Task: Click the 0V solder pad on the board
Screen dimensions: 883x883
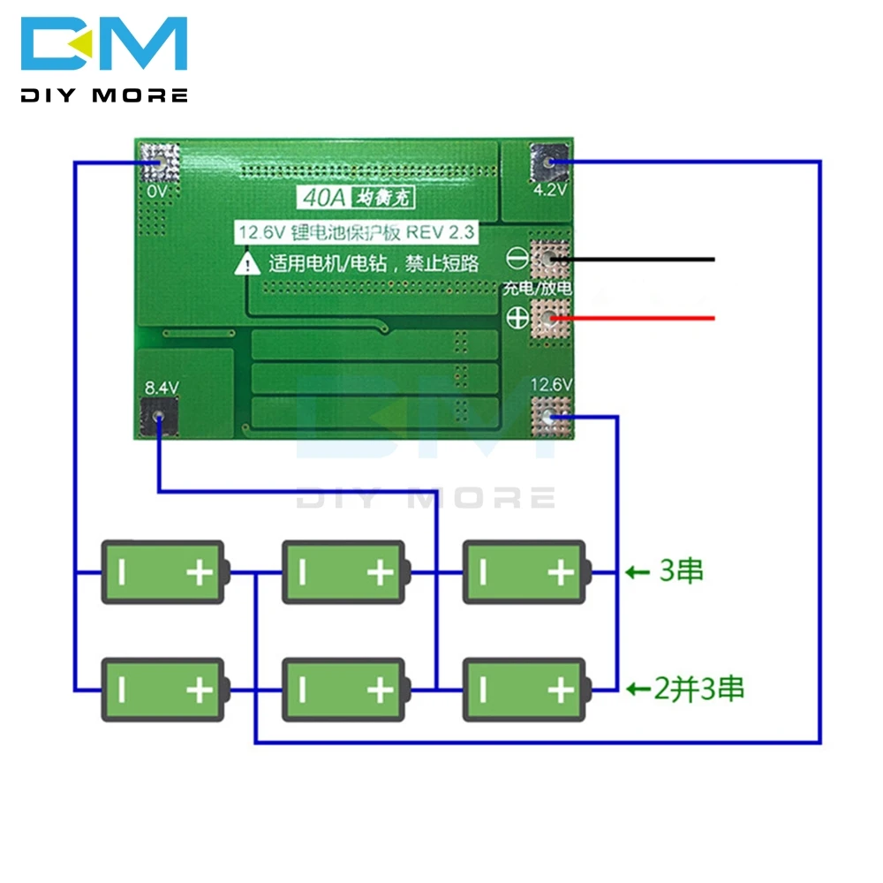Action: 159,162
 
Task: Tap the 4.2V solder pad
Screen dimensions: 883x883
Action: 549,162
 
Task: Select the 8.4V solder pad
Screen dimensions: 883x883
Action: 159,418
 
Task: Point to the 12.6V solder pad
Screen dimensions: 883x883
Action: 551,418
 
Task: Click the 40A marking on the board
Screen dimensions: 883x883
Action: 324,198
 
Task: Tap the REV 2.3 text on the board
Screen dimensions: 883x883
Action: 441,232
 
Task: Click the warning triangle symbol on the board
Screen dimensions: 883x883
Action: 247,263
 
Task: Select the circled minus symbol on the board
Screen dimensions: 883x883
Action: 517,259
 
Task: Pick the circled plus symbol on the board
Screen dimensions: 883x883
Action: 517,318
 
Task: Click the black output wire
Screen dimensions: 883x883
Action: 633,260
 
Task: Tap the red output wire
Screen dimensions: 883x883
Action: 633,318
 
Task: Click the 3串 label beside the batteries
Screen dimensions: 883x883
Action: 682,570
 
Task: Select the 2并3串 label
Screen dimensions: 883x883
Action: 698,689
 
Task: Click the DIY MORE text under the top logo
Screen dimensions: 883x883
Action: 104,95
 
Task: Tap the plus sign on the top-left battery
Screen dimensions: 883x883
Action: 200,573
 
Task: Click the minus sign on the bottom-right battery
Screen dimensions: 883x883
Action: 483,690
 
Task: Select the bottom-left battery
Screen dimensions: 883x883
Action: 165,690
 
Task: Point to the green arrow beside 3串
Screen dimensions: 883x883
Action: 638,573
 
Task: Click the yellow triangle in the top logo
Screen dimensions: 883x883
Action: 82,43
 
